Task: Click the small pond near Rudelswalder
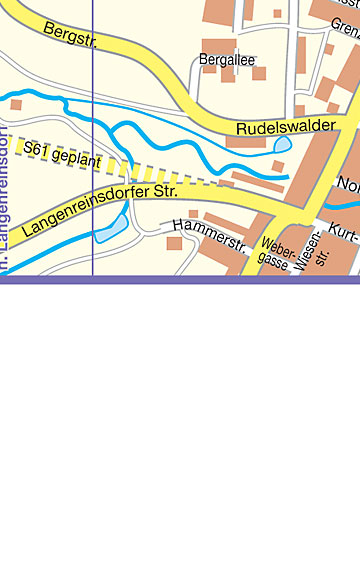coord(283,145)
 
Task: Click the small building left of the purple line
coord(16,104)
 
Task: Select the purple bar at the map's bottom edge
coord(180,279)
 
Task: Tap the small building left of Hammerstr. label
coord(174,243)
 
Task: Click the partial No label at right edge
coord(349,184)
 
